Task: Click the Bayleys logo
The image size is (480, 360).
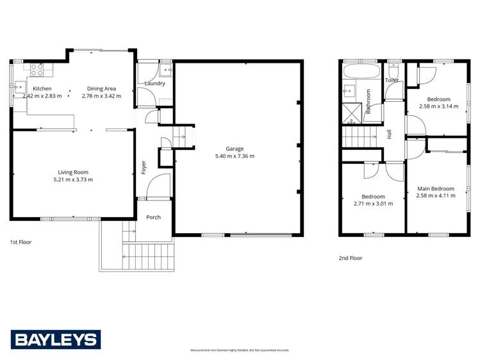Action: (x=55, y=340)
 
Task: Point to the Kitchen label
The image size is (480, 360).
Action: (x=42, y=88)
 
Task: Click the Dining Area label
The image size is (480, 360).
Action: (x=103, y=88)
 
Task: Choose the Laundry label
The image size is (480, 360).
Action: (x=155, y=83)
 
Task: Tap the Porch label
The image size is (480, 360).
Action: (x=153, y=217)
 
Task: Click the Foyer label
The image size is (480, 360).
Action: (x=144, y=167)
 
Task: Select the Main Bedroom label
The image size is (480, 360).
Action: (x=436, y=188)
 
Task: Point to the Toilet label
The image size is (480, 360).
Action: (x=392, y=80)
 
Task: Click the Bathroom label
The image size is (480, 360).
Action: (x=368, y=101)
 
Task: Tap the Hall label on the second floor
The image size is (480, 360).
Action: (x=389, y=135)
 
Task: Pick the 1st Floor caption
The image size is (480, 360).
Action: (x=21, y=242)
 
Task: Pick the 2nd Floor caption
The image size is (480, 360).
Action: (x=351, y=258)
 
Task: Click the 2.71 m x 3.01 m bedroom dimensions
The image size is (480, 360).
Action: (x=373, y=204)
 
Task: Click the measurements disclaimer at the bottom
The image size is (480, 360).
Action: (x=240, y=350)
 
